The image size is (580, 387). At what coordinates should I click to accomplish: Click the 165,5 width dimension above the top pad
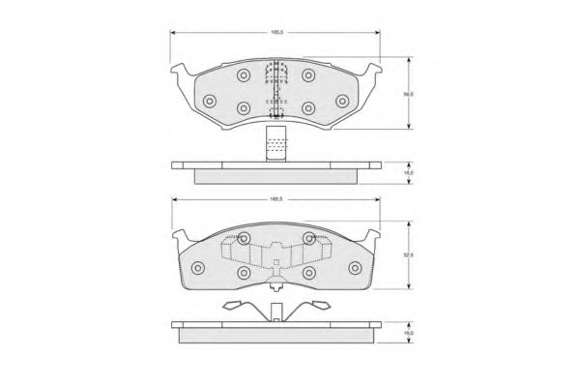pos(276,33)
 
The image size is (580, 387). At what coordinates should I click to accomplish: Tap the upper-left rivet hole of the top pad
pos(243,75)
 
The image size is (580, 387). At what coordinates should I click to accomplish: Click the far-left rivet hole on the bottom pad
pos(197,268)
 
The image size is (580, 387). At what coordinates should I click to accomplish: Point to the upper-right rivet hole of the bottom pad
pos(309,238)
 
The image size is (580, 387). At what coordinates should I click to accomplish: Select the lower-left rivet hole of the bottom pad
pos(243,276)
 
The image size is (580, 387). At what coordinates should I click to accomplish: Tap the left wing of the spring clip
pos(238,307)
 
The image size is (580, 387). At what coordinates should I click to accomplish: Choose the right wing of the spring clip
pos(315,307)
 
